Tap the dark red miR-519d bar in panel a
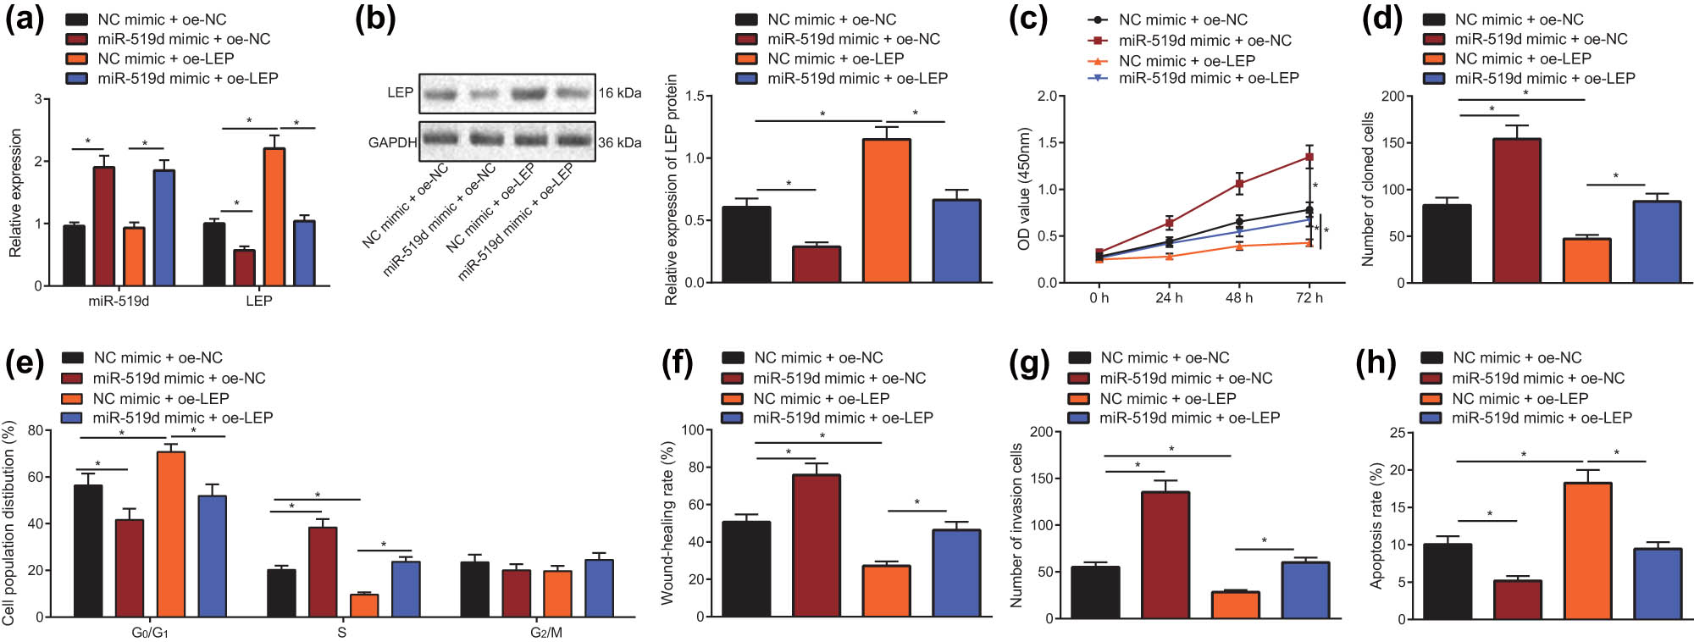103,226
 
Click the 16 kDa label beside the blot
619,93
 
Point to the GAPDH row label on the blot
392,142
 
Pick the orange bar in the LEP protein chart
886,211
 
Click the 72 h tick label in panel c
1309,298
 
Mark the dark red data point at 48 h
1239,183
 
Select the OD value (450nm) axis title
1024,189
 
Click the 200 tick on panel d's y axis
1392,96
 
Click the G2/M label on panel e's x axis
545,633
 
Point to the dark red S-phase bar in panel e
323,572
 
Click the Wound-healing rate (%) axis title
667,523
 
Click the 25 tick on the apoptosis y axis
1398,433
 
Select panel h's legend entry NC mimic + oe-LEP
1520,398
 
